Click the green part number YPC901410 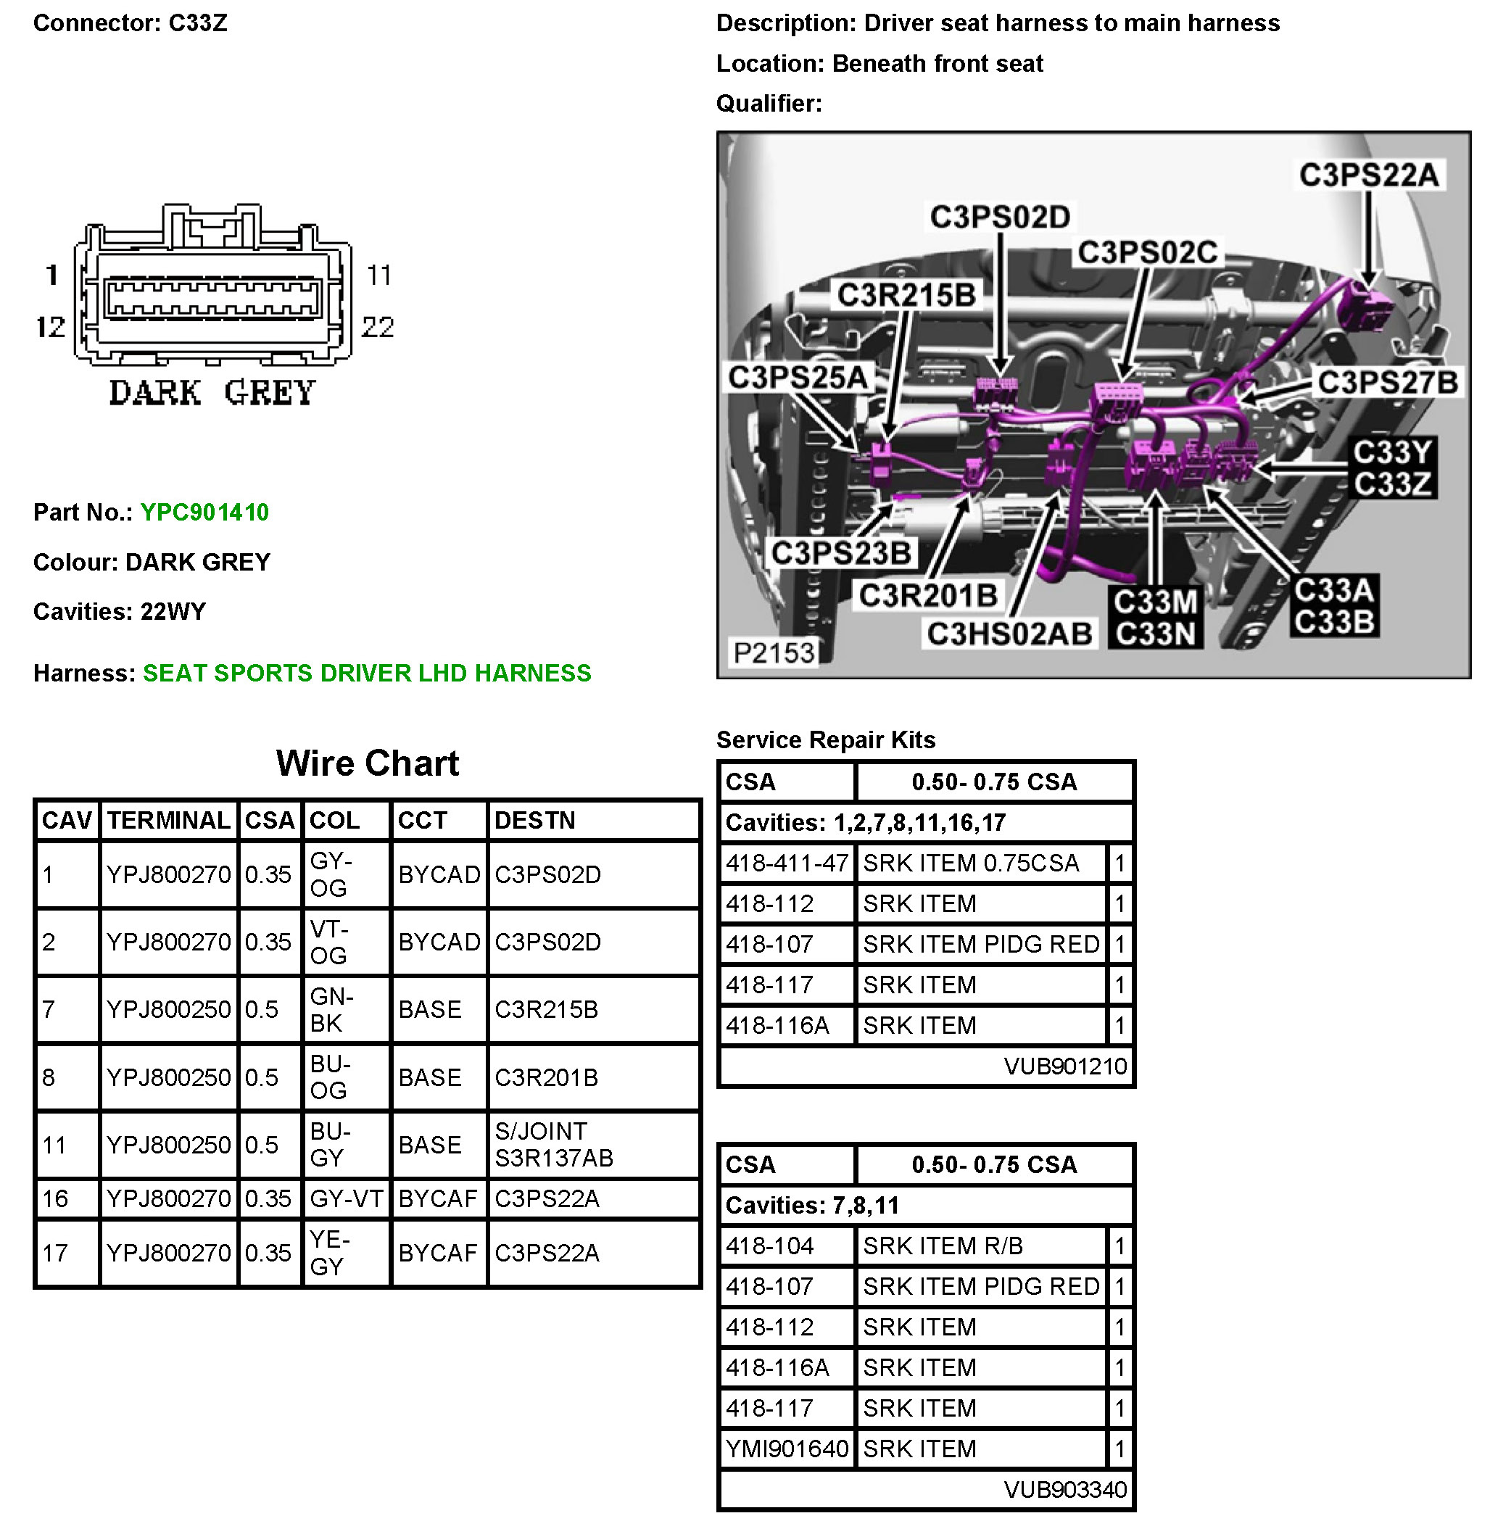pos(204,513)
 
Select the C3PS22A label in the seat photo pos(1368,175)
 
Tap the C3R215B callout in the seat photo pos(906,296)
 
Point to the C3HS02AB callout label pos(1009,634)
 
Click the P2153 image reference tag pos(773,652)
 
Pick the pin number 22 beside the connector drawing pos(377,327)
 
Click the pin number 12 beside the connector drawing pos(51,327)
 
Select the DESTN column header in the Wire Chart pos(534,820)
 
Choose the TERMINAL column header pos(168,820)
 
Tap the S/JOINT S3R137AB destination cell pos(553,1145)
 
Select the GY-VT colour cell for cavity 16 pos(346,1199)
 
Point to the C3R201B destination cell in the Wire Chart pos(546,1077)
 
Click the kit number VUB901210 pos(1064,1066)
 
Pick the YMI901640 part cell pos(787,1449)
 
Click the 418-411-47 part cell pos(787,863)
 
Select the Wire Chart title pos(367,763)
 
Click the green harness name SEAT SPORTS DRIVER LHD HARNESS pos(366,673)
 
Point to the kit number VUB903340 pos(1064,1490)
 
